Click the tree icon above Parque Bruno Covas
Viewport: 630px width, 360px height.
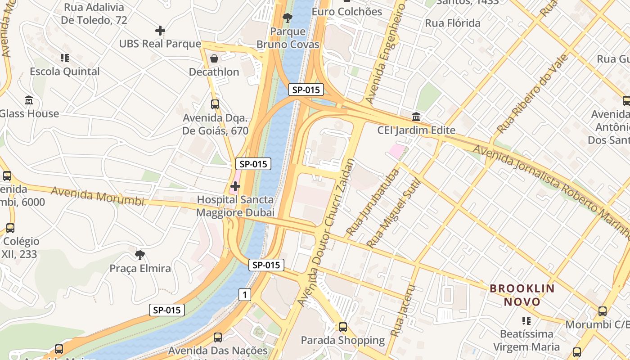tap(287, 18)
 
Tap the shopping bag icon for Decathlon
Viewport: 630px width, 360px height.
tap(214, 58)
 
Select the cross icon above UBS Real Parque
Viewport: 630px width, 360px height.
tap(160, 31)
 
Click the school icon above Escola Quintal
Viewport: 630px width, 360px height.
tap(65, 58)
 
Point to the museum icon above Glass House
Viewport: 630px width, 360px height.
tap(29, 100)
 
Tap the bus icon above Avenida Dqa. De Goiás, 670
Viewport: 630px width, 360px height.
tap(215, 104)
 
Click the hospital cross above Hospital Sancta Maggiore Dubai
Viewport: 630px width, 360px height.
tap(235, 186)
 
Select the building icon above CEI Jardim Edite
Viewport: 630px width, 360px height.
tap(416, 117)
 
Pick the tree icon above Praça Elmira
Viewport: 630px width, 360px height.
tap(140, 255)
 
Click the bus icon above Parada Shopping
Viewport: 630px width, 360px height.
tap(343, 327)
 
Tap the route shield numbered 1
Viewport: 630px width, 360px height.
tap(244, 295)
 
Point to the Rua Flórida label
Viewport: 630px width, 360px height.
tap(453, 23)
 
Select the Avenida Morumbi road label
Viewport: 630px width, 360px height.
tap(97, 196)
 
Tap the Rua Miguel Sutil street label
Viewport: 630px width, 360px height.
tap(393, 214)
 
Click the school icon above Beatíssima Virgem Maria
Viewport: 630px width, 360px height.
tap(526, 320)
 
